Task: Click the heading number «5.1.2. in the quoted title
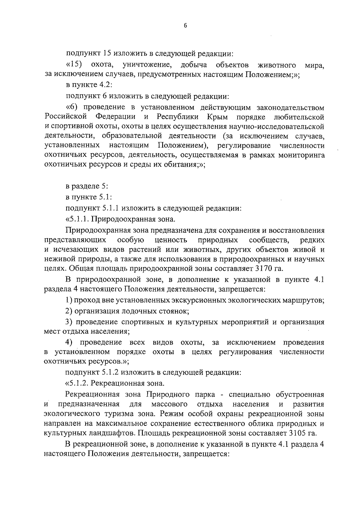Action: (78, 383)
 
